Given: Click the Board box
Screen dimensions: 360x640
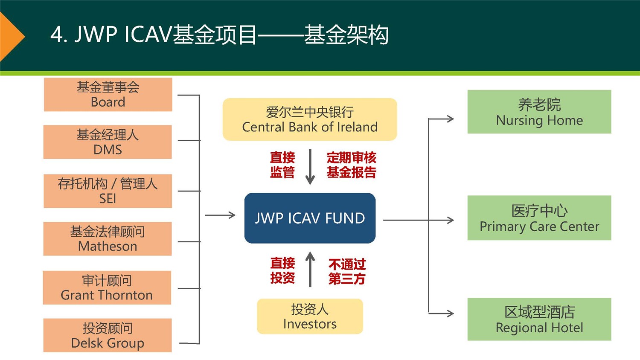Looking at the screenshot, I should pos(108,95).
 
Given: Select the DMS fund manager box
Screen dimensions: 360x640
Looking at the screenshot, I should pos(108,142).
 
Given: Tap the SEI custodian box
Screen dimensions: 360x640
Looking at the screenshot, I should pos(108,191).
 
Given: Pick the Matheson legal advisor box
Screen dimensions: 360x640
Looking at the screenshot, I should pos(108,239).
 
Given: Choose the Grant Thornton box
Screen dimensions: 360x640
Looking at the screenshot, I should pos(107,287).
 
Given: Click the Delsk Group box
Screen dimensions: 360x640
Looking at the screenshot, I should pos(108,335).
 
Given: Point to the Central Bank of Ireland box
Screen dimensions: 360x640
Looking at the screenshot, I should pos(310,119).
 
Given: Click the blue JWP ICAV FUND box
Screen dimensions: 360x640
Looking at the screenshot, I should pos(310,218).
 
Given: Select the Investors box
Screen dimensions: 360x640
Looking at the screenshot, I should pos(310,316).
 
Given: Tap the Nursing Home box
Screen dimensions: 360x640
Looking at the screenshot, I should pos(539,112).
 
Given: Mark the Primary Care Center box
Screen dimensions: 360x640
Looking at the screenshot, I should pos(539,218).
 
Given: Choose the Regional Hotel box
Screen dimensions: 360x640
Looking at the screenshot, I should pos(539,319).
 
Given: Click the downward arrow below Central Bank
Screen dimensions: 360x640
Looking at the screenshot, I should pos(310,167).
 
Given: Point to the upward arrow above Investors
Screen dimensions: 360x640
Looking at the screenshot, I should pos(310,269).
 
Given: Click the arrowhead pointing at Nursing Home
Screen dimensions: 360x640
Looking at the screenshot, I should pos(450,119).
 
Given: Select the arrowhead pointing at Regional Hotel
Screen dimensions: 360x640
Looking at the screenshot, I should pos(450,314).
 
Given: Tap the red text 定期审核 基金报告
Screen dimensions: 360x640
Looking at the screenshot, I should pos(351,165).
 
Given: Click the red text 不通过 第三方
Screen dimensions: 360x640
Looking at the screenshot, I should pos(347,272).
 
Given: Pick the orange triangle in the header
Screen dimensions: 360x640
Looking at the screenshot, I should pos(10,37).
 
